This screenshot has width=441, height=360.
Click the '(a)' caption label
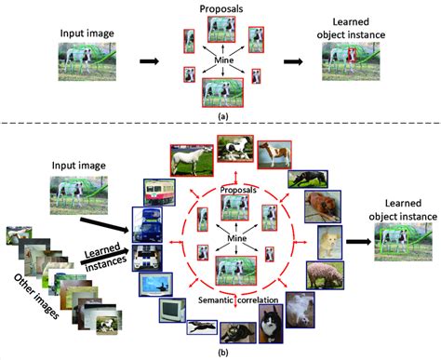(x=220, y=116)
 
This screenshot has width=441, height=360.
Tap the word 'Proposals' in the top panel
(x=220, y=9)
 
